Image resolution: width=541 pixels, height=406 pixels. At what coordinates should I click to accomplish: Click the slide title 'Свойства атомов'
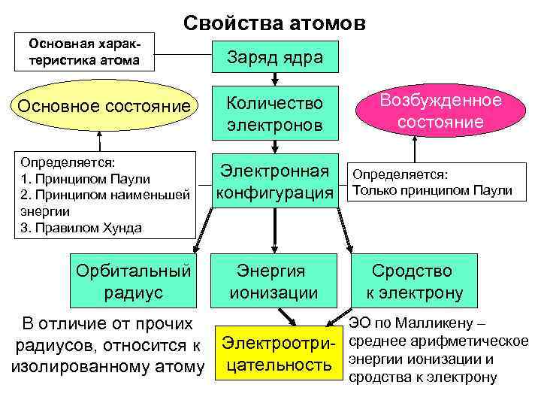click(274, 23)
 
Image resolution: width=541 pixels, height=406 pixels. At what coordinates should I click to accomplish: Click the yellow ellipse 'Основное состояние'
click(104, 107)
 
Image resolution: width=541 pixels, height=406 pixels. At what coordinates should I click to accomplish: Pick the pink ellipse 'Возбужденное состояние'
click(440, 111)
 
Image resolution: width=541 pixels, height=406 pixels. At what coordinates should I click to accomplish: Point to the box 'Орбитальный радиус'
click(134, 281)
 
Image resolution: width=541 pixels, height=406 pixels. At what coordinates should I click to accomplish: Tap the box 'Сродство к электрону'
click(414, 281)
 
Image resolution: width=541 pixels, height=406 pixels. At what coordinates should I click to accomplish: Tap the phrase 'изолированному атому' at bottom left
click(106, 366)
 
